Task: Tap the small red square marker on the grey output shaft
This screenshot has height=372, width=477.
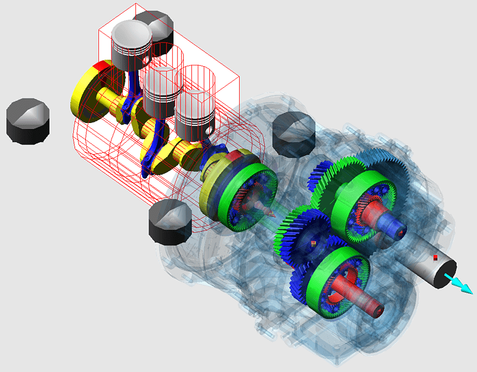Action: [x=436, y=257]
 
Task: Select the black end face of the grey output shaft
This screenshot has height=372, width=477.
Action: [x=447, y=275]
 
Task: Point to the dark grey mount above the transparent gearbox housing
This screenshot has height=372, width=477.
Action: [x=294, y=133]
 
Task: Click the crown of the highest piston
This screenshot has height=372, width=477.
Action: [x=132, y=33]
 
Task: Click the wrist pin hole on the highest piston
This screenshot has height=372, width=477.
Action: [x=145, y=60]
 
